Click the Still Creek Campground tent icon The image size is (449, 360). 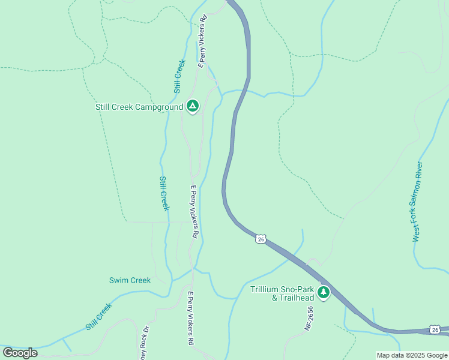click(x=192, y=107)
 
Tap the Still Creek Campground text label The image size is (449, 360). click(x=139, y=107)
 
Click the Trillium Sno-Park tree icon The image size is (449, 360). click(x=324, y=293)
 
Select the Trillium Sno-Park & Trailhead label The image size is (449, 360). click(x=282, y=293)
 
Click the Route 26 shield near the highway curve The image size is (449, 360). click(x=260, y=239)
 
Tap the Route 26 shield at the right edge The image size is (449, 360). click(x=435, y=329)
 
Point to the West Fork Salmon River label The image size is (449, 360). click(x=418, y=202)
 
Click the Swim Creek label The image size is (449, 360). click(x=130, y=280)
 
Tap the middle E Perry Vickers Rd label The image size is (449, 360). click(x=194, y=212)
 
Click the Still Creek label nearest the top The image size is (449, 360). click(x=179, y=77)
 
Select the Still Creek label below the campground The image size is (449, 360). click(x=163, y=193)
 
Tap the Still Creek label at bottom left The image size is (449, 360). click(x=98, y=317)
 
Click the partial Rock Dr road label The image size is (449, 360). click(x=143, y=343)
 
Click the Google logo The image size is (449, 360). click(x=20, y=353)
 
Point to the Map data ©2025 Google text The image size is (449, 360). click(x=412, y=355)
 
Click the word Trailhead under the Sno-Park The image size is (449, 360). click(x=293, y=298)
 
